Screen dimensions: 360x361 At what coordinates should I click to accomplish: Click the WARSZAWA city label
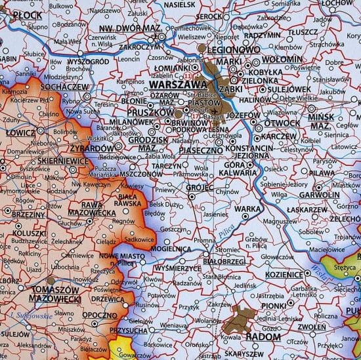pos(178,85)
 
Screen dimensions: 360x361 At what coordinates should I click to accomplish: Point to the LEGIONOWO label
pos(230,49)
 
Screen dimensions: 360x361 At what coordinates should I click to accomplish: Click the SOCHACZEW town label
pos(64,87)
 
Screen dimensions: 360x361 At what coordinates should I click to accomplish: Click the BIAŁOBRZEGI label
pos(206,260)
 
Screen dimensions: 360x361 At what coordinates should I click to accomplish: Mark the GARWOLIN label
pos(319,195)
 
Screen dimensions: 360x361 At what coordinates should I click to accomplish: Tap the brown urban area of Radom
pos(240,323)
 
